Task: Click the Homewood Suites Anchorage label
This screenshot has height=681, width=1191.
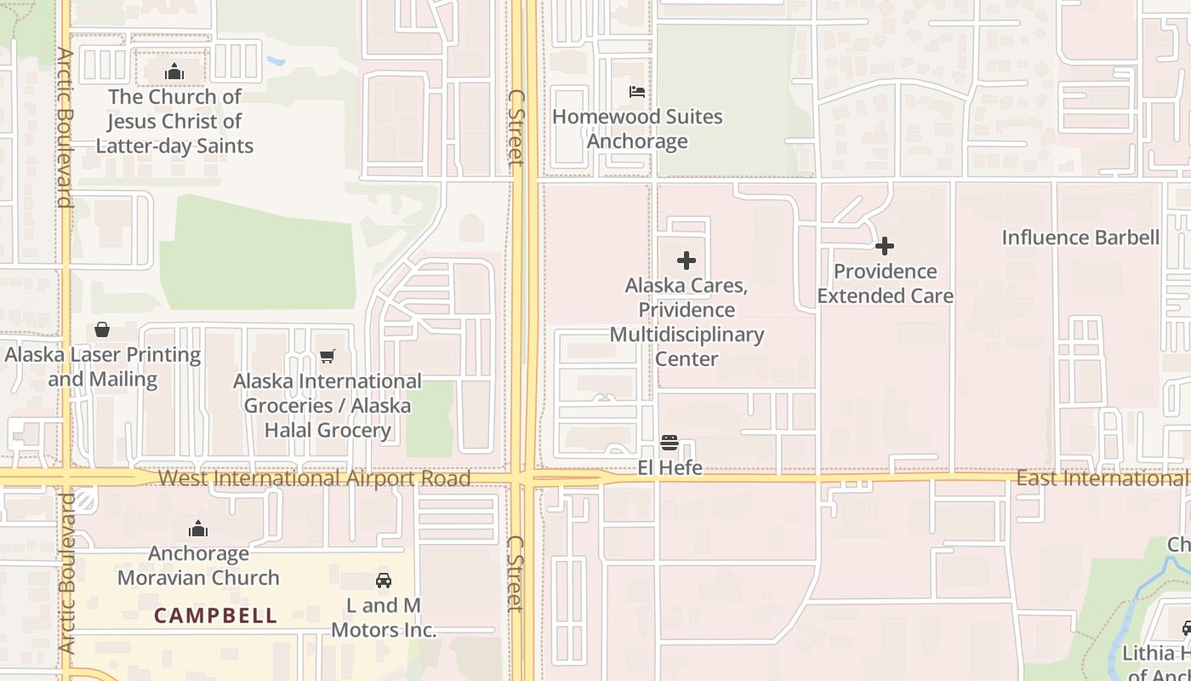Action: (637, 129)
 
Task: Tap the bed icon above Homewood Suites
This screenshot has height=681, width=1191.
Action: (637, 92)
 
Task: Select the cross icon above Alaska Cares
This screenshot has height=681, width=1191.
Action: (687, 260)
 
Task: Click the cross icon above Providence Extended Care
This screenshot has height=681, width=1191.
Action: (885, 246)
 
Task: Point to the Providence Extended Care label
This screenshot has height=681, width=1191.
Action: (885, 283)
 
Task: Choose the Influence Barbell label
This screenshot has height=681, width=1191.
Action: (1080, 237)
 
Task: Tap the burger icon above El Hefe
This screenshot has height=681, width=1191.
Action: (670, 443)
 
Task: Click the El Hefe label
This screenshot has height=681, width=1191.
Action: (670, 467)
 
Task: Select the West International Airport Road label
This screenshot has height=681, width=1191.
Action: (314, 478)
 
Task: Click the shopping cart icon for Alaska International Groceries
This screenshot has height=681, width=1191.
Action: (328, 356)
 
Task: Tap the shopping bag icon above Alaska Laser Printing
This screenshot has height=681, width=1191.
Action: (102, 329)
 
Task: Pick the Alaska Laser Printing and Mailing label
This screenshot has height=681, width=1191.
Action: (103, 367)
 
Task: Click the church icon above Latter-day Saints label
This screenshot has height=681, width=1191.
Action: (174, 72)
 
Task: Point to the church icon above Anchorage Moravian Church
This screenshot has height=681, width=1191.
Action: (198, 529)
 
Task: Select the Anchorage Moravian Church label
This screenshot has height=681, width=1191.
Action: (198, 565)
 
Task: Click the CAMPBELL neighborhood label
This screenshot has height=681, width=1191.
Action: (215, 615)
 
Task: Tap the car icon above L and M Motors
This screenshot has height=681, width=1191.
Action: (384, 581)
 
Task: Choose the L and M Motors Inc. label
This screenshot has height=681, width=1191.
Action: (384, 618)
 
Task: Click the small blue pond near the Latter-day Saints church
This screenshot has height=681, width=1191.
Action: (276, 61)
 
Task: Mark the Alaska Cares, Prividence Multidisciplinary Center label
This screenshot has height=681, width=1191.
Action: (687, 322)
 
